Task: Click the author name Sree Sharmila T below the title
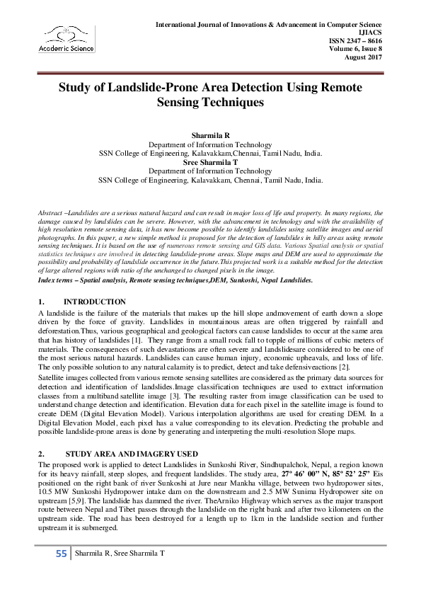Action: (210, 161)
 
